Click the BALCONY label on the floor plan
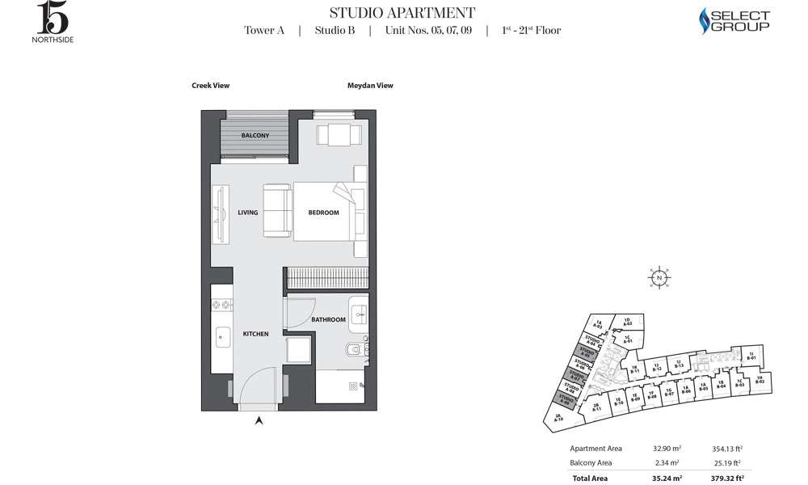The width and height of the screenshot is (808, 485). (x=255, y=136)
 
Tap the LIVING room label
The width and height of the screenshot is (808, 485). (x=248, y=213)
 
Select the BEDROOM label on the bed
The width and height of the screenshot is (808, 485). (x=324, y=213)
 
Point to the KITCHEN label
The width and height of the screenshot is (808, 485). (x=255, y=334)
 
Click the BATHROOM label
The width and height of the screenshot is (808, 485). (x=329, y=320)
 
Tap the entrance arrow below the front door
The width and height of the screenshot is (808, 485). (x=259, y=420)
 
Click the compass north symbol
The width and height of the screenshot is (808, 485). (x=660, y=277)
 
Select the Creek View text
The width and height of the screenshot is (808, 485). (x=210, y=85)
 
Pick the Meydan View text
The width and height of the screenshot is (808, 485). (x=370, y=85)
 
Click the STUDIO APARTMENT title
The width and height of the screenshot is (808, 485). (x=402, y=13)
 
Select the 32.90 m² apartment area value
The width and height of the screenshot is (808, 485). (x=666, y=448)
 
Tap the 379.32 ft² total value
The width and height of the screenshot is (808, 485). (x=728, y=479)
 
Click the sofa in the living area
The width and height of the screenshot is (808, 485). (x=276, y=212)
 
